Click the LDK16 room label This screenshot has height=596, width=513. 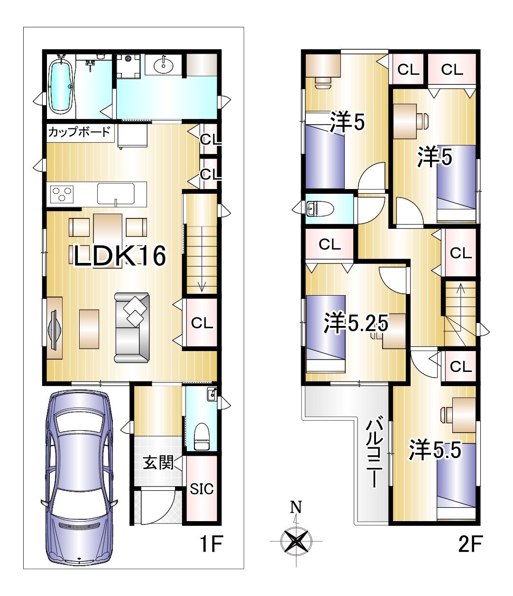click(x=120, y=255)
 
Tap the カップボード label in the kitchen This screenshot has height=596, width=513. click(x=79, y=132)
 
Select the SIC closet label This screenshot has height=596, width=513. click(x=202, y=489)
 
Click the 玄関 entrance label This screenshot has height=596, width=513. click(x=158, y=462)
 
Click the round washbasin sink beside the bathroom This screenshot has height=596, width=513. click(x=164, y=66)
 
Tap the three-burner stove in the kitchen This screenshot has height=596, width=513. click(x=62, y=194)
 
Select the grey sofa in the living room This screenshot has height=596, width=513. click(x=132, y=327)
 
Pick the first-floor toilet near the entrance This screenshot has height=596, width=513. click(x=202, y=436)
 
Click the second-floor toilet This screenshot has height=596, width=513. click(x=320, y=208)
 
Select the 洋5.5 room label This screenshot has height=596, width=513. click(x=435, y=449)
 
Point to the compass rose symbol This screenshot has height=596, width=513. click(x=296, y=541)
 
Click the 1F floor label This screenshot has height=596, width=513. click(x=211, y=543)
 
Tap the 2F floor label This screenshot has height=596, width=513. click(x=470, y=543)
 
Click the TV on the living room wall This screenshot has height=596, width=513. click(x=54, y=328)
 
